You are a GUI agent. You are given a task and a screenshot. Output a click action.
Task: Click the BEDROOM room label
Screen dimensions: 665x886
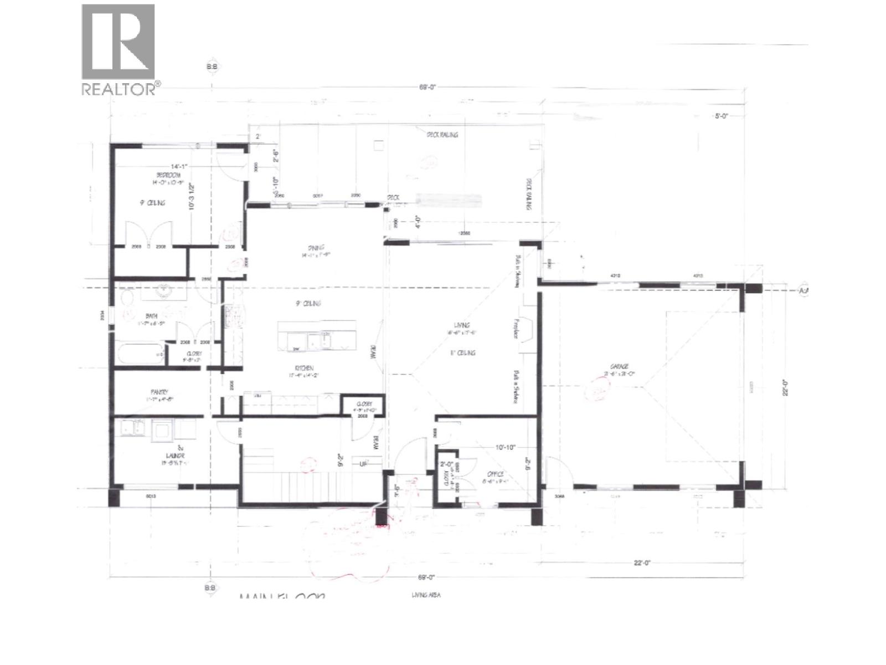point(168,175)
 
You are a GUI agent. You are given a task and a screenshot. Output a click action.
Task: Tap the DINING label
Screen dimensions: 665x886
point(316,248)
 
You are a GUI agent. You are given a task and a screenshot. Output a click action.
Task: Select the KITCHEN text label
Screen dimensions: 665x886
point(304,368)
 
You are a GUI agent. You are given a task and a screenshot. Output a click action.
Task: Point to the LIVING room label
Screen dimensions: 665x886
point(462,325)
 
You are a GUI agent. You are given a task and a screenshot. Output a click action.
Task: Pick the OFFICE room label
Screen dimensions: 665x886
point(495,474)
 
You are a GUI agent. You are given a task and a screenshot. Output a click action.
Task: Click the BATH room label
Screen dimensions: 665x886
point(151,316)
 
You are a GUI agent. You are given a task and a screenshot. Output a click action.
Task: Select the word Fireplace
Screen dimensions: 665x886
point(516,329)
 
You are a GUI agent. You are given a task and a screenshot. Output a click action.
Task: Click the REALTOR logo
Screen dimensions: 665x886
point(119,50)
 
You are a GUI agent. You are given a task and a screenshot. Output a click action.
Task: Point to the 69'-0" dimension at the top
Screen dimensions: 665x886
point(427,86)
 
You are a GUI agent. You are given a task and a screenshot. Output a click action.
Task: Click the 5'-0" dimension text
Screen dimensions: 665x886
point(720,117)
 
